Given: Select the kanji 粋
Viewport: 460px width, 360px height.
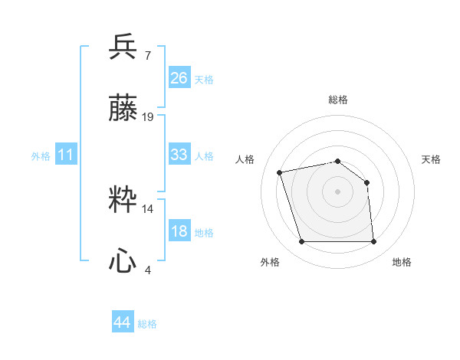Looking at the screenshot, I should click(123, 199).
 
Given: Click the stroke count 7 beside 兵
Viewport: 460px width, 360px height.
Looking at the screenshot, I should click(148, 55).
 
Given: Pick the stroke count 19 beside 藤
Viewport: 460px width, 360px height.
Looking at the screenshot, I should click(148, 117).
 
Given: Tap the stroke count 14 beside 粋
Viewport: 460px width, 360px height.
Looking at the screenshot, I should click(148, 208).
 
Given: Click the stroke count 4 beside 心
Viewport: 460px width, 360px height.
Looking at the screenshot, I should click(148, 270).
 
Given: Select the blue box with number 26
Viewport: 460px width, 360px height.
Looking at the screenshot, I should click(179, 77).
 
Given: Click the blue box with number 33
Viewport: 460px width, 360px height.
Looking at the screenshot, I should click(179, 154).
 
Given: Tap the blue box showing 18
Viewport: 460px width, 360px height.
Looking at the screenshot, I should click(179, 231).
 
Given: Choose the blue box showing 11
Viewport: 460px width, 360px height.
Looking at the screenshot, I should click(66, 155).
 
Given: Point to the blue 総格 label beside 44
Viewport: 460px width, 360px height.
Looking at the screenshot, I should click(147, 324).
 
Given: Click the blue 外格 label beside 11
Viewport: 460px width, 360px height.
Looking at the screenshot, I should click(41, 156).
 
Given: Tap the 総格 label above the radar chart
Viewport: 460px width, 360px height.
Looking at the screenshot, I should click(337, 100).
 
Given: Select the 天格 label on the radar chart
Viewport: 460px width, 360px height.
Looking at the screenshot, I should click(431, 159).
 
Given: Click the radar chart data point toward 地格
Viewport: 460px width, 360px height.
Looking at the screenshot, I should click(373, 242).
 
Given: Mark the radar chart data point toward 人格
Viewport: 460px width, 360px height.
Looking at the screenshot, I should click(280, 172).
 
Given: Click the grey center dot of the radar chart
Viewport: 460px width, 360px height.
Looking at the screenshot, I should click(337, 191).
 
